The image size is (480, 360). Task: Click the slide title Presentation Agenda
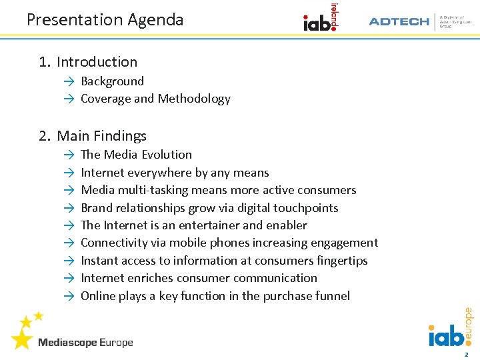105,20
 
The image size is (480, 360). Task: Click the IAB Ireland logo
321,18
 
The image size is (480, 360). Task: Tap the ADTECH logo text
399,21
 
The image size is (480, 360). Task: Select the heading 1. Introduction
88,62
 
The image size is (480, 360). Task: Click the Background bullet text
112,81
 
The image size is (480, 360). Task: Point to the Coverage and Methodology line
155,99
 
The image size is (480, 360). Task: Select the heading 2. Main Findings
93,136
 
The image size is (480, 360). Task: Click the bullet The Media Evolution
136,155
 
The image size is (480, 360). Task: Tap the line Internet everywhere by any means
175,173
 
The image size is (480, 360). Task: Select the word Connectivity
114,243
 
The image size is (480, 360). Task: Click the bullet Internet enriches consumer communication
199,278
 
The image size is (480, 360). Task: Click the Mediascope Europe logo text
85,343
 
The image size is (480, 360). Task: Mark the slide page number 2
466,354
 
